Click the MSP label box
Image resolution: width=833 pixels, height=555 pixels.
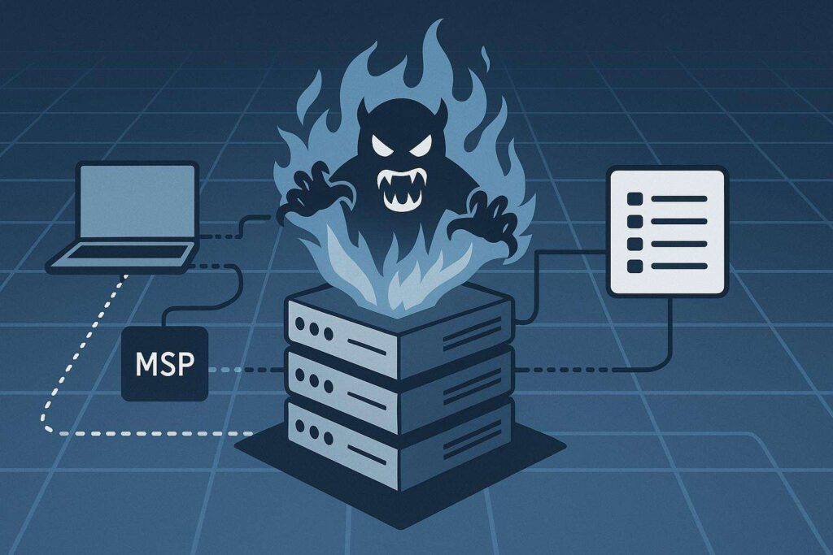(165, 364)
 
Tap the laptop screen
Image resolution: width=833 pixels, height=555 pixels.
(137, 202)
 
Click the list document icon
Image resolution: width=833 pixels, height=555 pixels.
(666, 231)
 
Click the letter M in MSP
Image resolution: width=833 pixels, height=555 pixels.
(145, 364)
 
